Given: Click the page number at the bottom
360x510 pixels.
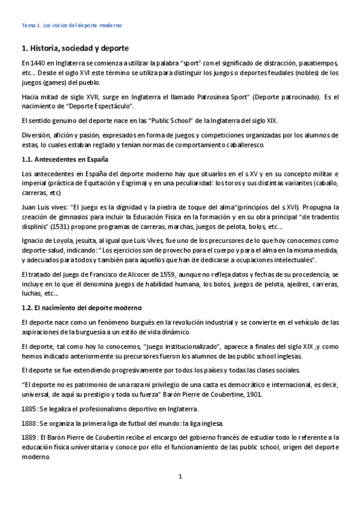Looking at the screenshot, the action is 179,477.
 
